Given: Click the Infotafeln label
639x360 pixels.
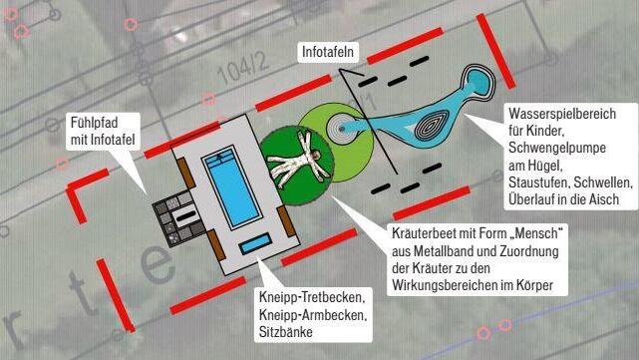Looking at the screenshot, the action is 328,52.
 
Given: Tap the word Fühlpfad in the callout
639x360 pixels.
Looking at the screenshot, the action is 94,123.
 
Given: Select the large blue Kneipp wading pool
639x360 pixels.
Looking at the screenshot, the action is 231,187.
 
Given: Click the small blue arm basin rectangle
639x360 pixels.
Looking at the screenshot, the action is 255,243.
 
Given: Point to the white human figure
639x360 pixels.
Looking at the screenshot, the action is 299,161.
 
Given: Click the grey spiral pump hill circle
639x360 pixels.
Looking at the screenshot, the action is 342,129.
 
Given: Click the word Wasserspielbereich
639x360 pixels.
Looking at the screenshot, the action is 562,114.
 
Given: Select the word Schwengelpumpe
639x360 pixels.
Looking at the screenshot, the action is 557,148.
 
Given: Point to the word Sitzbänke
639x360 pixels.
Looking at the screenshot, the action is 286,331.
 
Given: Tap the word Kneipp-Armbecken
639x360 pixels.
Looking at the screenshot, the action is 313,314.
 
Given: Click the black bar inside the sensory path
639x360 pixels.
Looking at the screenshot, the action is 185,215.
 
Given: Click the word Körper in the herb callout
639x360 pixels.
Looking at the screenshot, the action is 534,285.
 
